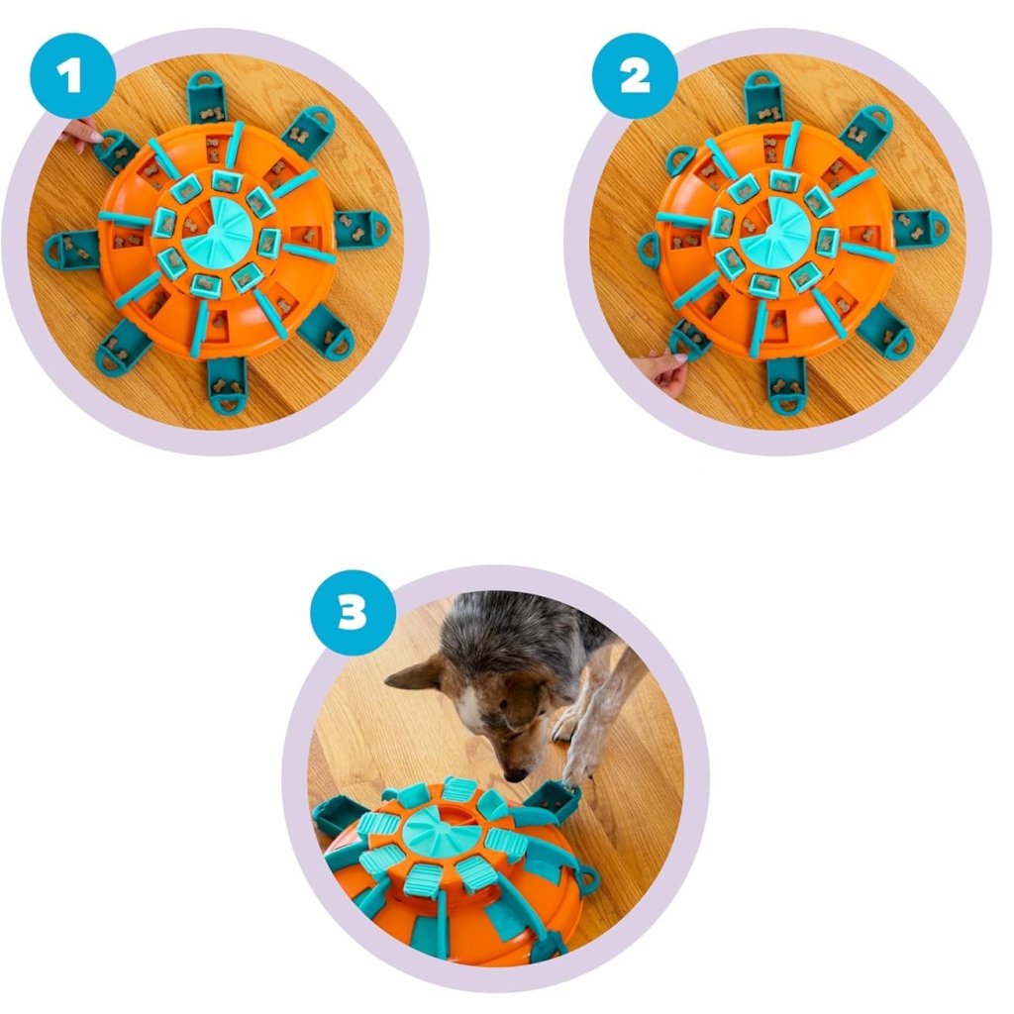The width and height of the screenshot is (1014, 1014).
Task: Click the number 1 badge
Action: [71, 75]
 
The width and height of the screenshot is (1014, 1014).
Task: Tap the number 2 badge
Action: [635, 75]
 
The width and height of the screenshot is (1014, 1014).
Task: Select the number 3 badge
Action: [354, 612]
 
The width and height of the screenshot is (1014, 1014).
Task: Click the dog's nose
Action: [515, 773]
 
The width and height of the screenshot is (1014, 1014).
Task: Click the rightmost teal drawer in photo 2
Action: [921, 228]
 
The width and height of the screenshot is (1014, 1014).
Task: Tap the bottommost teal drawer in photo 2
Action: [786, 385]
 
